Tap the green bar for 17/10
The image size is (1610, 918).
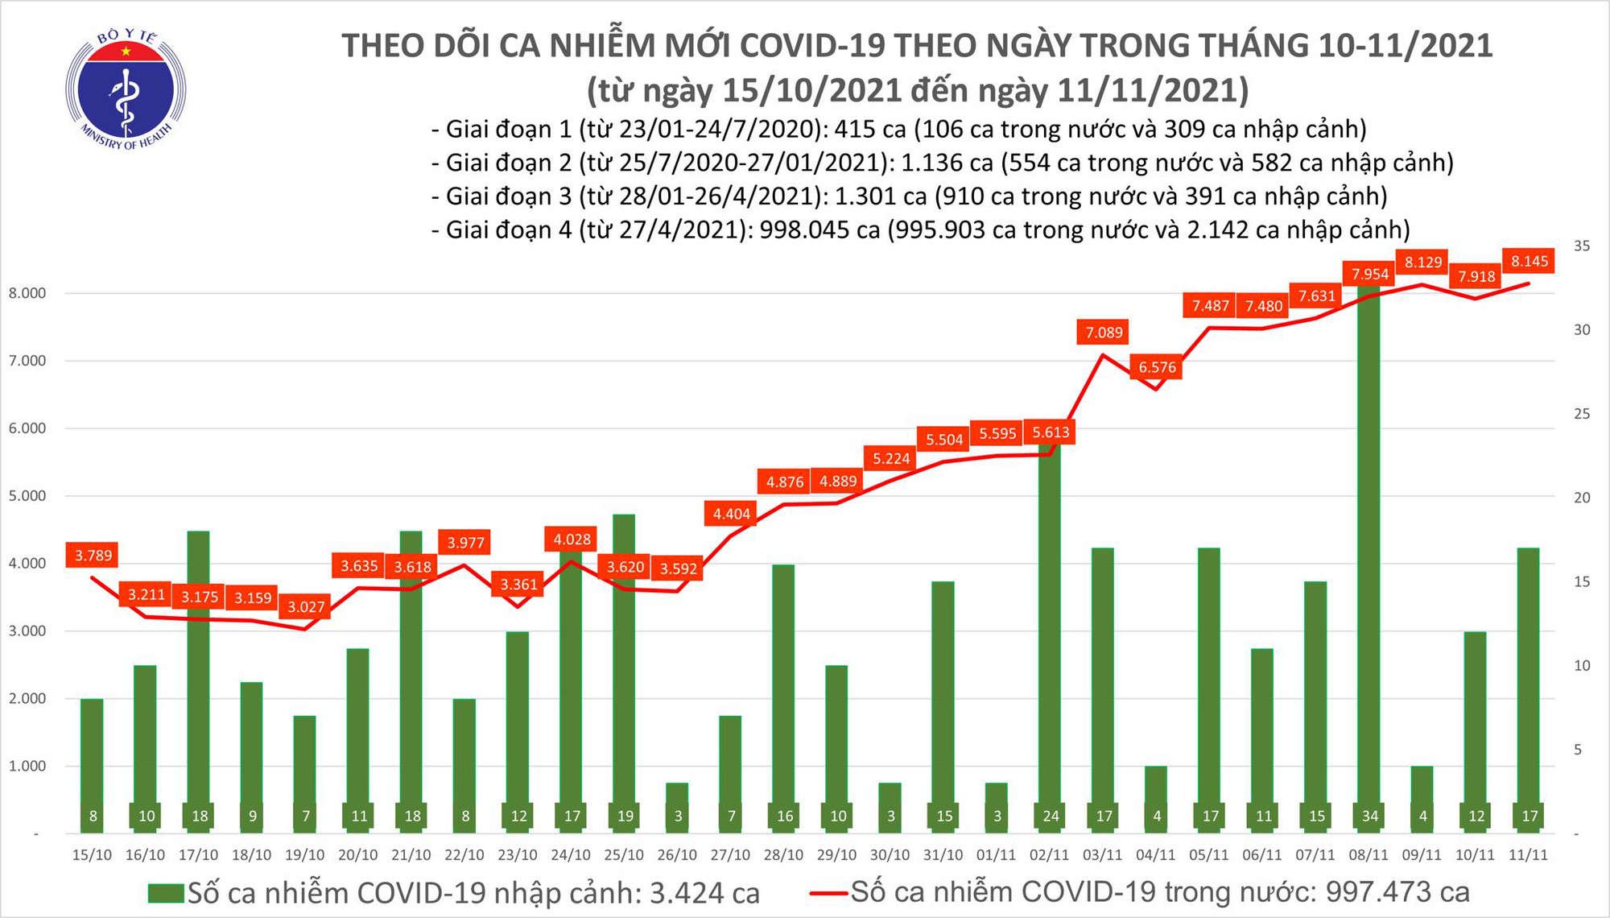tap(199, 676)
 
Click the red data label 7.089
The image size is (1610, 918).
tap(1104, 333)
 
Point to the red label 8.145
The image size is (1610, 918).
tap(1529, 261)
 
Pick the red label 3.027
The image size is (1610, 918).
tap(306, 606)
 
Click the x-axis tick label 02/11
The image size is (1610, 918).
tap(1050, 855)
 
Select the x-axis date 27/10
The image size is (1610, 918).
tap(731, 855)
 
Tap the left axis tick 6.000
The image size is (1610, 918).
tap(27, 428)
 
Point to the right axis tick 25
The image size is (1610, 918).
tap(1582, 414)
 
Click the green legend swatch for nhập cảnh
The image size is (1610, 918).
tap(166, 893)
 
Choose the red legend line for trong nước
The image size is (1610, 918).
tap(827, 892)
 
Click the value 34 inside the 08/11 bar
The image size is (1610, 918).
tap(1369, 816)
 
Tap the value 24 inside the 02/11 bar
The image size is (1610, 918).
tap(1051, 816)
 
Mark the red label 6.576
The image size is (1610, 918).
tap(1157, 367)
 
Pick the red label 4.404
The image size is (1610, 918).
tap(731, 513)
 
